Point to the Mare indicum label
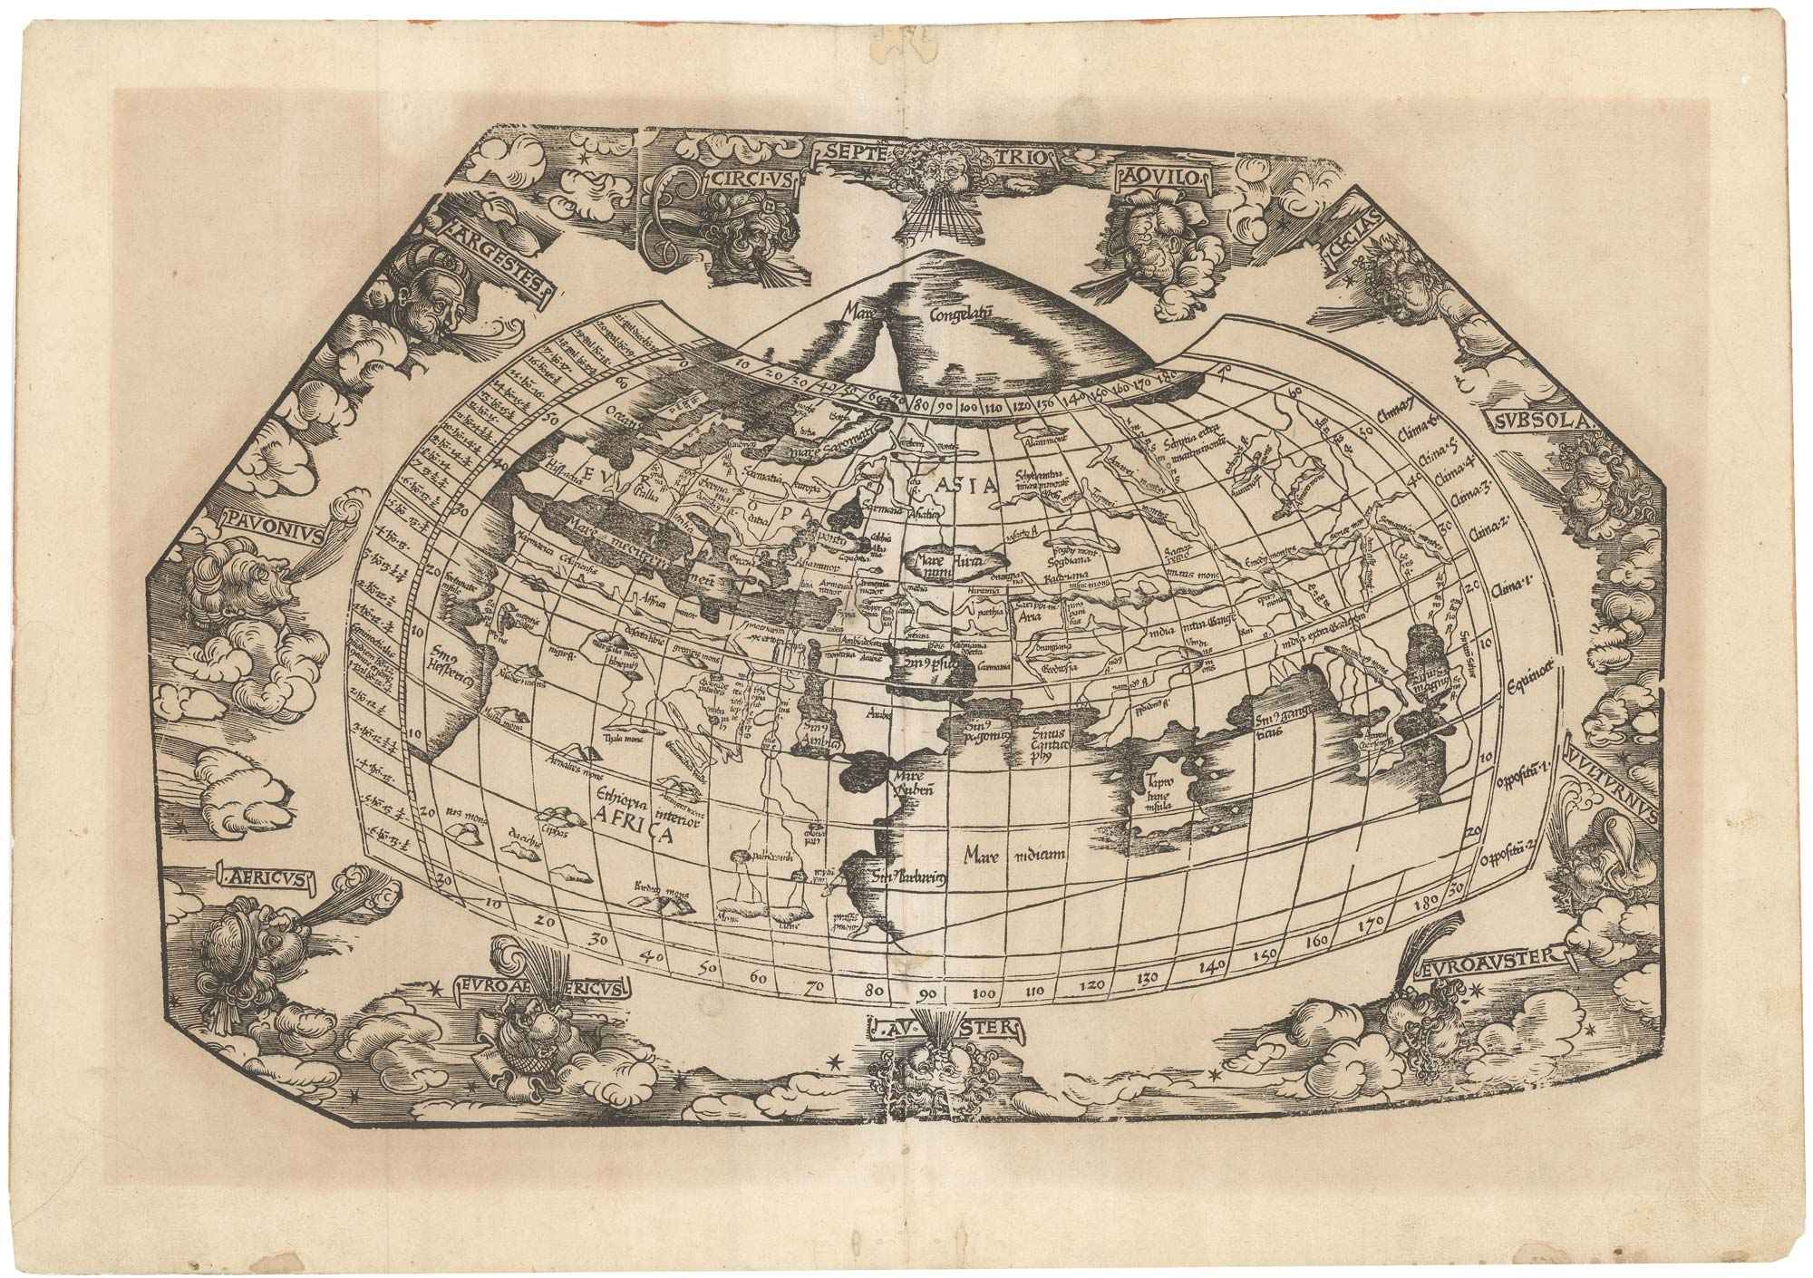[1006, 854]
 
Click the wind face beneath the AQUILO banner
[1145, 231]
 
